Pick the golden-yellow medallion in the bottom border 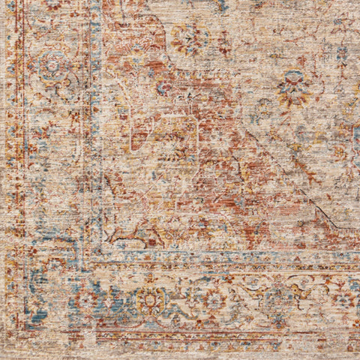tap(152, 300)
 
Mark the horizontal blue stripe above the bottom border tap(225, 257)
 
